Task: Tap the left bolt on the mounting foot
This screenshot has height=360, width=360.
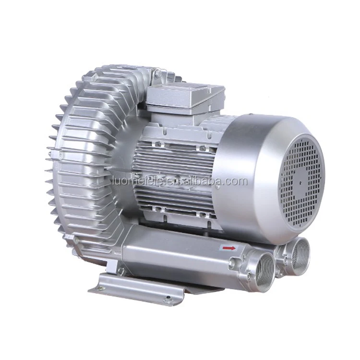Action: click(x=101, y=288)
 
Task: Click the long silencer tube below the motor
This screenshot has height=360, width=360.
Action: click(x=182, y=254)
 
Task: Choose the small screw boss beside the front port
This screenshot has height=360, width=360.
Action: click(x=235, y=262)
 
